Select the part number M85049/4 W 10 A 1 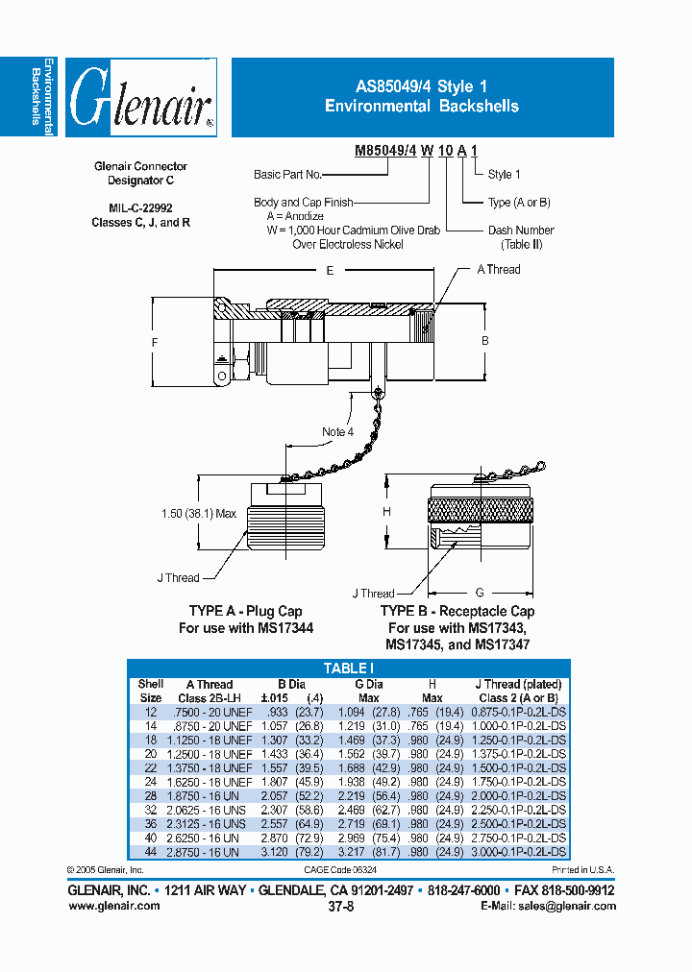416,152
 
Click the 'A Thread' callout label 499,270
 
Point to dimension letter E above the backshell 330,272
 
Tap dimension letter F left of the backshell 155,343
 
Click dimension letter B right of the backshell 485,341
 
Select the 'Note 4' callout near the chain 337,432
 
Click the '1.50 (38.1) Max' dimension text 199,514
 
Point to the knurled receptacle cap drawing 479,524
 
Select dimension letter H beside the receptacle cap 387,512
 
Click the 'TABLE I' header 349,668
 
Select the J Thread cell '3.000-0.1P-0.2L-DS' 519,852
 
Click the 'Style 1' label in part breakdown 505,175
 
